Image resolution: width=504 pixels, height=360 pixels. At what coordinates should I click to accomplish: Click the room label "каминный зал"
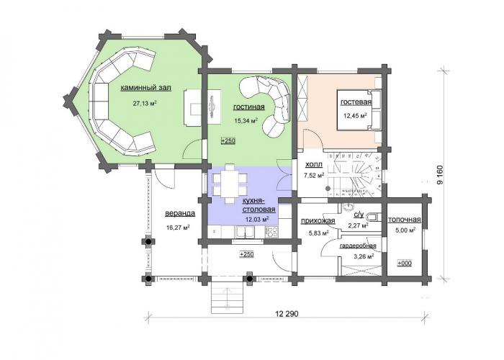tap(145, 88)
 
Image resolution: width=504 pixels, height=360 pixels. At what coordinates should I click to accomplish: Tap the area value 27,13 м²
tap(145, 103)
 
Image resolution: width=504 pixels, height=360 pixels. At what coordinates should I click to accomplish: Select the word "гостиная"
tap(249, 107)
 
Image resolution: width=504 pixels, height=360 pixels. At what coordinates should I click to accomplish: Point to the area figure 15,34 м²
tap(246, 121)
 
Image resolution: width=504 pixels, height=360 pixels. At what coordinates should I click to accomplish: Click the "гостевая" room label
tap(356, 102)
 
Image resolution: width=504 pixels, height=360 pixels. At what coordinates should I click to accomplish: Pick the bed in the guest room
tap(359, 110)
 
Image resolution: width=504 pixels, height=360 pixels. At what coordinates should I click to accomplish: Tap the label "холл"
tap(314, 165)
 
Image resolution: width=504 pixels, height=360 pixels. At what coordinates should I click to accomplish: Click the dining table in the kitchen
tap(230, 184)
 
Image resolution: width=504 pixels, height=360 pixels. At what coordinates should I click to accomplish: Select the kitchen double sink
tap(245, 232)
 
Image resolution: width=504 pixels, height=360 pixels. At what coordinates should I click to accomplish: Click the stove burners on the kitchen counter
tap(271, 232)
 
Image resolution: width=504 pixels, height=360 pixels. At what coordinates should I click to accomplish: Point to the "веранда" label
tap(180, 213)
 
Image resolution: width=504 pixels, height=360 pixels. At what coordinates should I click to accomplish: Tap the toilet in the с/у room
tap(373, 217)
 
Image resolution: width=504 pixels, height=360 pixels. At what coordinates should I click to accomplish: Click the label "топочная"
tap(405, 220)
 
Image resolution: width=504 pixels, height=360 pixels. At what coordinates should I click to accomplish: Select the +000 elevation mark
tap(405, 264)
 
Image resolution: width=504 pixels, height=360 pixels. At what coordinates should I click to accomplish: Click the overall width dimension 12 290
tap(287, 313)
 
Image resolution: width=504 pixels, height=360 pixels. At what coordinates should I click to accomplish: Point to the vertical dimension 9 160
tap(440, 174)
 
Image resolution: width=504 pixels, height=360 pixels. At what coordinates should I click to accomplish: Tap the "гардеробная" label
tap(358, 246)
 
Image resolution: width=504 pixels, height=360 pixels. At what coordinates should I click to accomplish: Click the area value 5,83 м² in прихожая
tap(318, 233)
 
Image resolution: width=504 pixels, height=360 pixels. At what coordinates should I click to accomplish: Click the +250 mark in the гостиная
tap(228, 141)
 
